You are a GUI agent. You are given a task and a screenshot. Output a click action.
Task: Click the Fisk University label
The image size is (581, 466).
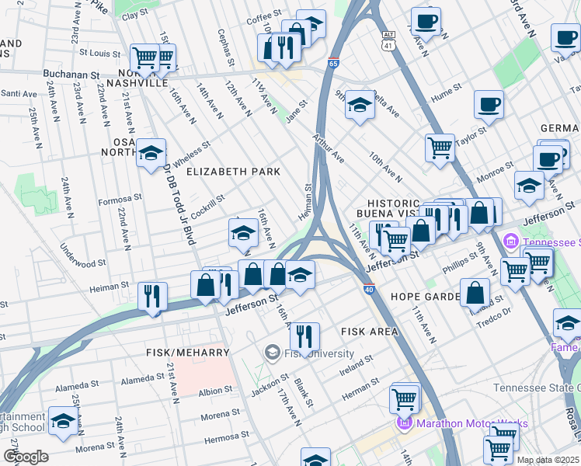point(311,353)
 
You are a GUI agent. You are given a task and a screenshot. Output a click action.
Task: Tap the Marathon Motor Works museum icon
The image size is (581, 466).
point(404,423)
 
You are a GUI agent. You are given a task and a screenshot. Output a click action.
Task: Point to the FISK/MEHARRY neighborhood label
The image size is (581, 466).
point(188,353)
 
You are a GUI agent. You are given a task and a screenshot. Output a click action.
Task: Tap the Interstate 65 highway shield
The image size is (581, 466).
point(333,64)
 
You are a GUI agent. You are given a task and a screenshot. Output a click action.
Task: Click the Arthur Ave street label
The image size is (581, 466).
point(329,147)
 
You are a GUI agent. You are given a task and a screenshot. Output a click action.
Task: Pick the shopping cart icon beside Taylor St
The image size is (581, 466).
point(440,146)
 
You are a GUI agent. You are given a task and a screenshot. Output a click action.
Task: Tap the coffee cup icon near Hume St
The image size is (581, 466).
point(489,104)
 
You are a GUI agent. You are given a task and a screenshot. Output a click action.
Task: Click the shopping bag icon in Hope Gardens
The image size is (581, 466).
point(475,292)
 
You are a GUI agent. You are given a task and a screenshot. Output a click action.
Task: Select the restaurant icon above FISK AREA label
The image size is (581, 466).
point(304,336)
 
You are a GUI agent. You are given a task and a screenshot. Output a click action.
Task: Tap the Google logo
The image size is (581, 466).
point(26,457)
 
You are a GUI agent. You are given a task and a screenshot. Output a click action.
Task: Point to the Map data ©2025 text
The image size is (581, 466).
point(548,460)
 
